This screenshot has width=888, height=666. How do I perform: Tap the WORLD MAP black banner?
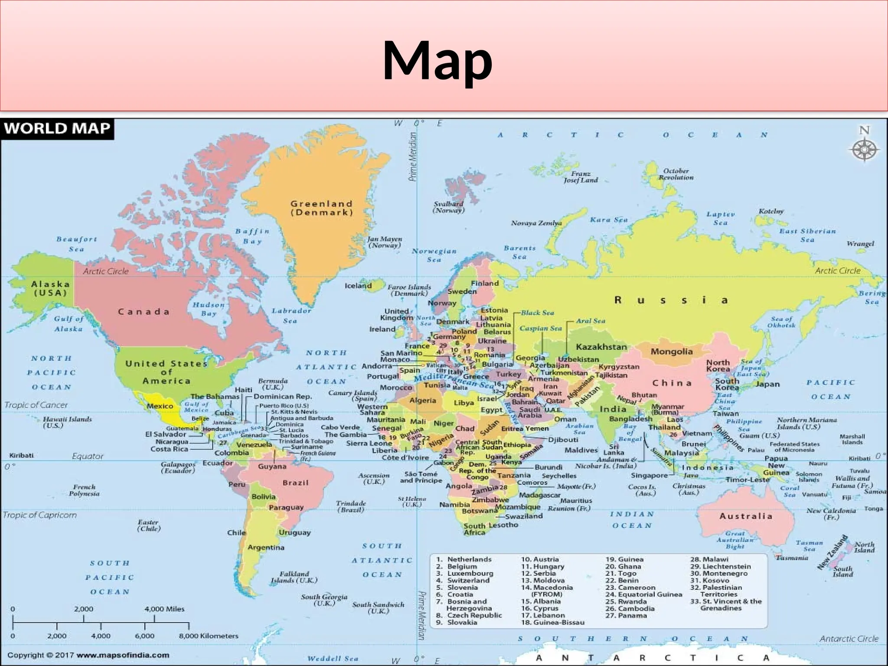[x=57, y=129]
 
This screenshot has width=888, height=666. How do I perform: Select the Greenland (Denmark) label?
[x=321, y=208]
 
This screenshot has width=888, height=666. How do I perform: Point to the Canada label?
[x=144, y=312]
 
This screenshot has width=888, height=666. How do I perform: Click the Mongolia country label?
[x=672, y=352]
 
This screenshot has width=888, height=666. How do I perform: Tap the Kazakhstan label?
[x=601, y=347]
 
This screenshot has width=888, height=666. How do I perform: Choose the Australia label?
[x=746, y=516]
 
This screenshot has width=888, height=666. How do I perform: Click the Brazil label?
[x=296, y=483]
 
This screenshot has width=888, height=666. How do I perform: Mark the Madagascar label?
[x=540, y=495]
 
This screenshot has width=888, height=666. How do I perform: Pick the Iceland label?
[x=358, y=286]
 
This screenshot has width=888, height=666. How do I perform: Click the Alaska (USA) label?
[x=50, y=288]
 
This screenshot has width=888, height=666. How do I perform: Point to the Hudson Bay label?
[x=209, y=309]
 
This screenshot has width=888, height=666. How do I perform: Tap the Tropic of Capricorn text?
[x=40, y=515]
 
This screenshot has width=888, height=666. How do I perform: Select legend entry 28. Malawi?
[x=709, y=559]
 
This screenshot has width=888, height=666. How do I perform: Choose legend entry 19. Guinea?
[x=624, y=559]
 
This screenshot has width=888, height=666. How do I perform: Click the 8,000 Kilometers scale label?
[x=209, y=636]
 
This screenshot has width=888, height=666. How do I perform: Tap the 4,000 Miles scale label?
[x=164, y=609]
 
